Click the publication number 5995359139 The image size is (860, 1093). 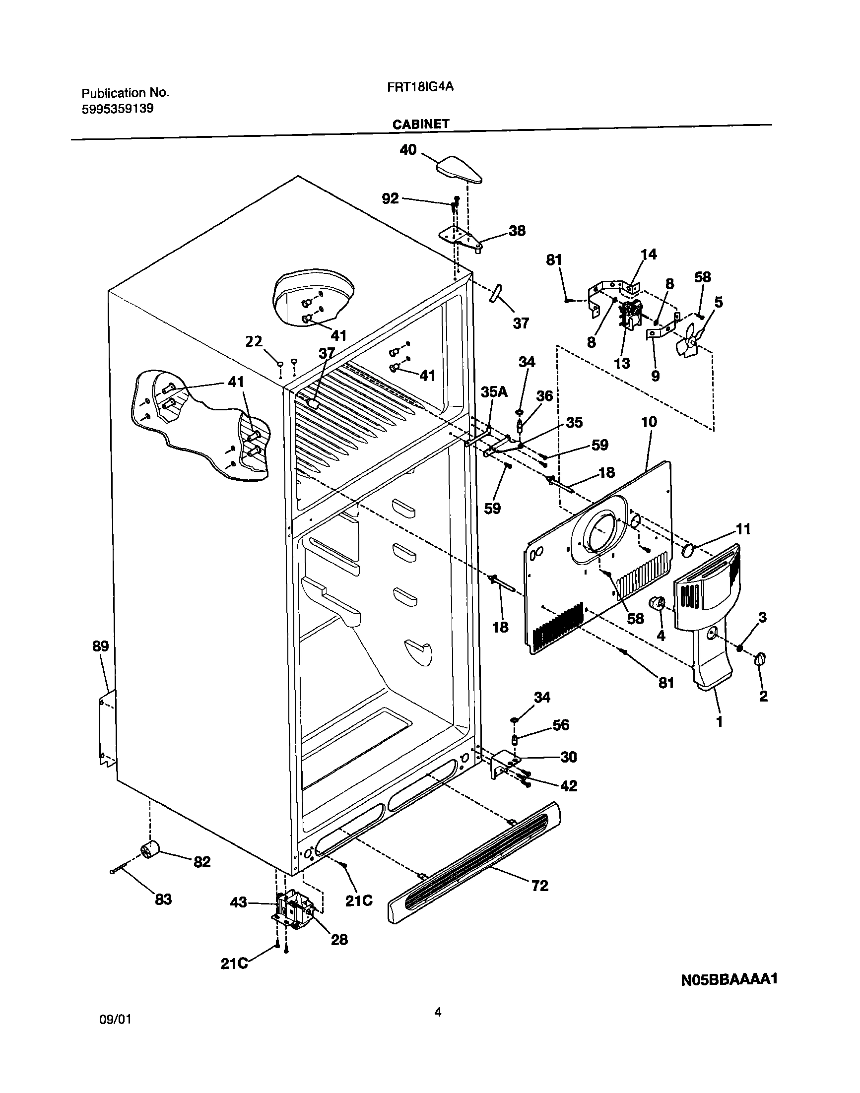click(x=117, y=109)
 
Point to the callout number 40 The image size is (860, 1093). click(x=408, y=150)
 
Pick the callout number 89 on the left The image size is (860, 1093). click(x=101, y=646)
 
